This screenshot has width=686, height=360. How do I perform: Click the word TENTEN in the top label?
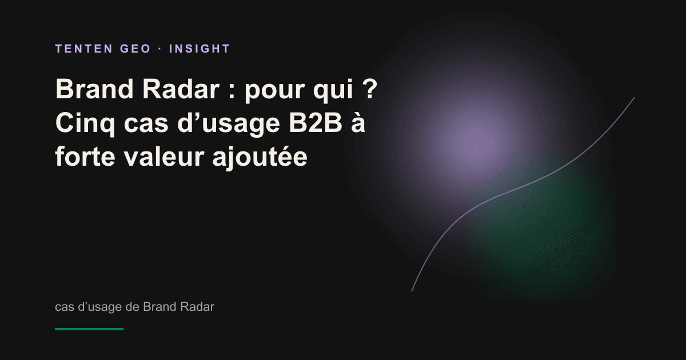click(84, 49)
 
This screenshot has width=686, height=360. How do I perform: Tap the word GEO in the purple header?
click(135, 49)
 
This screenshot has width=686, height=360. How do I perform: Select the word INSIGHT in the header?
click(200, 49)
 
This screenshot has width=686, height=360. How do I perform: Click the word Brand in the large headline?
click(94, 89)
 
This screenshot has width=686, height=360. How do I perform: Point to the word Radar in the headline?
click(181, 89)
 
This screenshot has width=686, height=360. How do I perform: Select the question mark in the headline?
click(371, 89)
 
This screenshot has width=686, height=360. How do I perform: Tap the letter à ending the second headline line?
click(358, 123)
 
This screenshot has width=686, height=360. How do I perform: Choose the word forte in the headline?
click(85, 157)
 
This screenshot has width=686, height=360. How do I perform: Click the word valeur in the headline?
click(164, 157)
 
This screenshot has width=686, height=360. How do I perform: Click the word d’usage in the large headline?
click(229, 125)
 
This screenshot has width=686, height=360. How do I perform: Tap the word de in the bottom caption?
click(132, 307)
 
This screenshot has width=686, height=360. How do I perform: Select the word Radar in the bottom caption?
click(197, 307)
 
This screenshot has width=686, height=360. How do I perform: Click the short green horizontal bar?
click(89, 329)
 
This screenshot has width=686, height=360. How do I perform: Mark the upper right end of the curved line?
click(634, 98)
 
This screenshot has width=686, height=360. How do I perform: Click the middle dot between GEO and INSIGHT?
click(160, 49)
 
